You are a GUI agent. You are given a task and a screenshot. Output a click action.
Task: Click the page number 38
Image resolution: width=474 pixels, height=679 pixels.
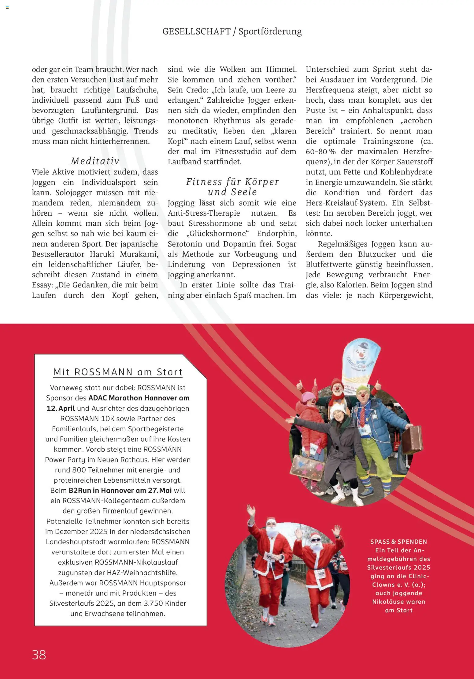[x=39, y=655]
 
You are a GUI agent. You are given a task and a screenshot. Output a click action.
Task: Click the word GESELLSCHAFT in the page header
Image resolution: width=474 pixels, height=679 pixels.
[x=196, y=31]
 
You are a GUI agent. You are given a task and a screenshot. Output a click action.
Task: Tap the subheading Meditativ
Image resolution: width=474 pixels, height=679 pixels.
[x=95, y=161]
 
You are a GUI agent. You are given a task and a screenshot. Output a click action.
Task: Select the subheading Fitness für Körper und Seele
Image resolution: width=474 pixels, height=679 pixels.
[x=232, y=187]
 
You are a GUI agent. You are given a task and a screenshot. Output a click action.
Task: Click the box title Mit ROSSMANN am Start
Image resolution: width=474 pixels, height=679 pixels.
[x=118, y=372]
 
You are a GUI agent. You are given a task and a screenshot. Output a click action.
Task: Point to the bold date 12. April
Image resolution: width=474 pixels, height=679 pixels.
[x=61, y=408]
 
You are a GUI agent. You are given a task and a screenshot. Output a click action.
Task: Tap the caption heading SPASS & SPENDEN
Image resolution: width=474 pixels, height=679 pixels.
[x=398, y=542]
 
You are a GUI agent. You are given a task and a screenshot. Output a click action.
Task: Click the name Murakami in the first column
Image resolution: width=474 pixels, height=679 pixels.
[x=139, y=254]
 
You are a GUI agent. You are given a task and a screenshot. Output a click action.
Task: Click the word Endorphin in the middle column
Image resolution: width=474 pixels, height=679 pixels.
[x=276, y=234]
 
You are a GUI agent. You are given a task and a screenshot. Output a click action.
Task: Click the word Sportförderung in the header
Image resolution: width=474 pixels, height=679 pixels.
[x=270, y=31]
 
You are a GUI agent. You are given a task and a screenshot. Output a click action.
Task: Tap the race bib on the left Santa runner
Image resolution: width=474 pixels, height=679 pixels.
[x=269, y=557]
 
